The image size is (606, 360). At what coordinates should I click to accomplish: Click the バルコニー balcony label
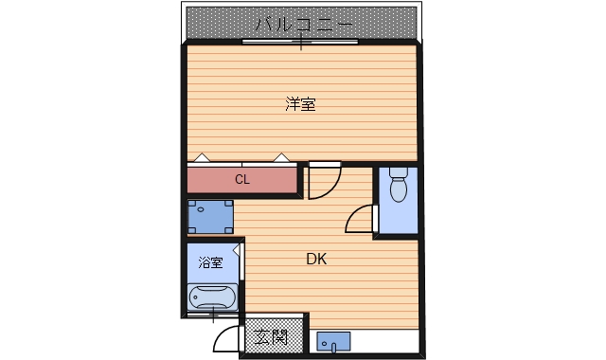(x=303, y=22)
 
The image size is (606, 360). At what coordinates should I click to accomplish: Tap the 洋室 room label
(x=301, y=105)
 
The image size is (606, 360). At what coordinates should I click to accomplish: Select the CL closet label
(x=242, y=178)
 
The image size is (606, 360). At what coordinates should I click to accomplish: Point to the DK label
(x=317, y=259)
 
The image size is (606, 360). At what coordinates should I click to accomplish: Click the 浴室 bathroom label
(x=210, y=262)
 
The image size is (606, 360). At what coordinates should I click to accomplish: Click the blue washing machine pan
(x=210, y=218)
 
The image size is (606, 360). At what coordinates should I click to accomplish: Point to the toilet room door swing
(x=362, y=220)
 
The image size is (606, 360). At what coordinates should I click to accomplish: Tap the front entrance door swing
(x=226, y=336)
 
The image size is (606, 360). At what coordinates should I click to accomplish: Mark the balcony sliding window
(x=301, y=42)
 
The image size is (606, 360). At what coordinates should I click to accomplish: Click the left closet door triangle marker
(x=201, y=157)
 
